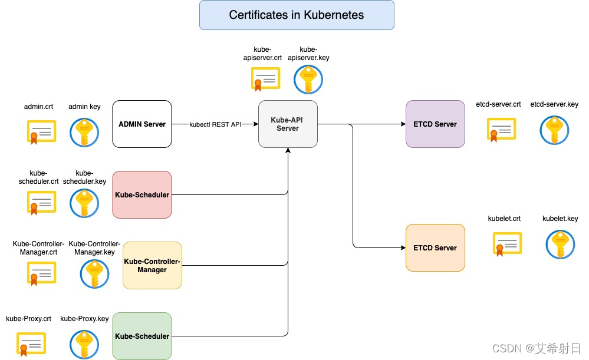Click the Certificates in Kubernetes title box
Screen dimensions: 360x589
point(297,15)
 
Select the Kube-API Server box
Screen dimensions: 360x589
point(288,124)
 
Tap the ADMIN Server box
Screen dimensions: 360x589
point(142,124)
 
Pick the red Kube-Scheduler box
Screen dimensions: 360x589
point(142,194)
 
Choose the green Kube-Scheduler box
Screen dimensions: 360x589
point(142,336)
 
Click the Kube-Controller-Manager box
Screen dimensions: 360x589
point(152,265)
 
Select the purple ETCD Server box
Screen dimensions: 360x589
point(435,124)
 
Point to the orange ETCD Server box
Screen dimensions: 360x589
point(435,247)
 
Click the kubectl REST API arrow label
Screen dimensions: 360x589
point(215,124)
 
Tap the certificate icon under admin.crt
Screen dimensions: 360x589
point(40,132)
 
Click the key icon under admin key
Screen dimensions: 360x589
point(84,133)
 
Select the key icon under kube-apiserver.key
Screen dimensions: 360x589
point(308,80)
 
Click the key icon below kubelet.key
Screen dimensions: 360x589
point(560,245)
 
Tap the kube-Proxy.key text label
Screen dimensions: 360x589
point(84,319)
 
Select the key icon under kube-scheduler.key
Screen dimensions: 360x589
point(84,203)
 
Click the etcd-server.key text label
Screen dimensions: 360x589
point(554,104)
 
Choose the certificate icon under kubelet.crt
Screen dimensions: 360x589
point(507,245)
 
